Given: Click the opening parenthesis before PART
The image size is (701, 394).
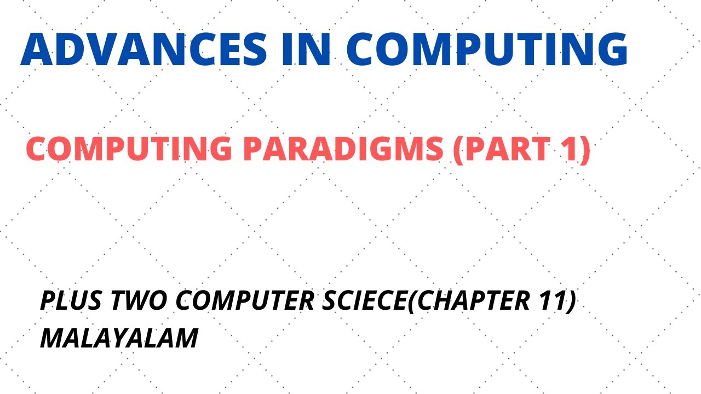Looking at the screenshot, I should pos(458,150).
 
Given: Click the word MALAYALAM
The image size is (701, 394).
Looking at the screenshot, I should pos(119,338).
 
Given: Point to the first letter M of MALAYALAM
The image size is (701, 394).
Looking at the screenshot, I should pos(52,338).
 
